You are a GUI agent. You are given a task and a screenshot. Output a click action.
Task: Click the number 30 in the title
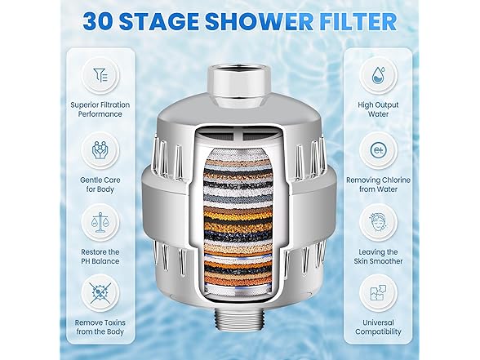(x=98, y=21)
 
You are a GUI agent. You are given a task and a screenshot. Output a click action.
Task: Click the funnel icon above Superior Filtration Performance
(x=100, y=75)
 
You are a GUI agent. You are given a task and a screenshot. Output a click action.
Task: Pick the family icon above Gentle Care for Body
(x=100, y=149)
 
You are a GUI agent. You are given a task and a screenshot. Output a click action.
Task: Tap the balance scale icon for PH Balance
(x=100, y=222)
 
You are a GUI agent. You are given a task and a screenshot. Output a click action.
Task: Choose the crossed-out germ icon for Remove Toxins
(x=100, y=293)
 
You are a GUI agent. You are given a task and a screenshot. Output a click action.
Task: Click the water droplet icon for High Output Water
(x=379, y=75)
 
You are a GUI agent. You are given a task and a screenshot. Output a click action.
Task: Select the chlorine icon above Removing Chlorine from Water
(x=379, y=150)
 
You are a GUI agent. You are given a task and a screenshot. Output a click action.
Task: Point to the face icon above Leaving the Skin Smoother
(x=379, y=223)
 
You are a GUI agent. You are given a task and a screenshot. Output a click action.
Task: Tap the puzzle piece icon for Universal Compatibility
(x=379, y=293)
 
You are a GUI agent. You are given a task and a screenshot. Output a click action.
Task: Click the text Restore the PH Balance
(x=100, y=256)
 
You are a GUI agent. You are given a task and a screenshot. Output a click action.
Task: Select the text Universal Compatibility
(x=379, y=327)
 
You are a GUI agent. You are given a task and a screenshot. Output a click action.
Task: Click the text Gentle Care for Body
(x=100, y=184)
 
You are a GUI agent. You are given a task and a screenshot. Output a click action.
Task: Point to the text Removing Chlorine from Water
(x=379, y=184)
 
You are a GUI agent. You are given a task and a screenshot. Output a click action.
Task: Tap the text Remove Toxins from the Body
(x=100, y=327)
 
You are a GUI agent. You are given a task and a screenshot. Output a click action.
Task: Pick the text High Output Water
(x=379, y=109)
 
